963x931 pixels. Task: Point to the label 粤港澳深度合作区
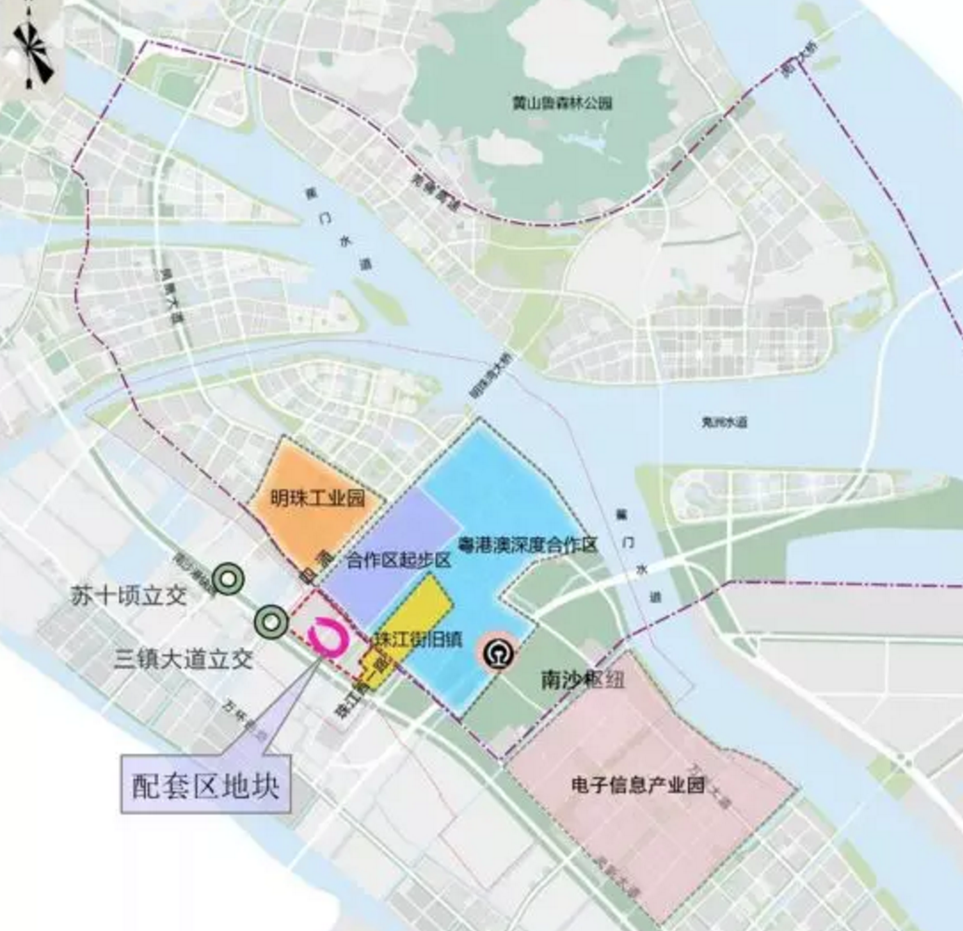tap(527, 544)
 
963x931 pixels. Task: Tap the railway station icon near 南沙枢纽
tap(493, 652)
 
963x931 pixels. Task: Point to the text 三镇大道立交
tap(183, 660)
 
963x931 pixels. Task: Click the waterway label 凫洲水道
tap(724, 422)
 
